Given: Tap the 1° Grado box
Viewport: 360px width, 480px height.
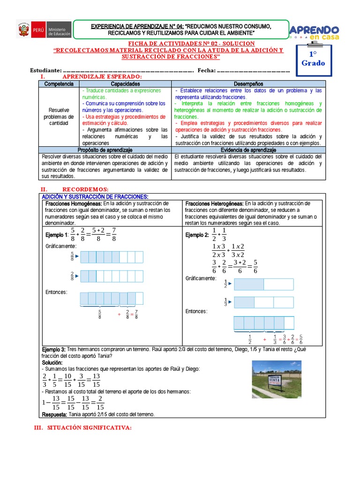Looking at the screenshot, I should (x=313, y=59).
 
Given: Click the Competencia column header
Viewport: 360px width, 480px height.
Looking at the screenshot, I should (x=59, y=83).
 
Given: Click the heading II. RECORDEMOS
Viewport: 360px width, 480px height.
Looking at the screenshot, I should (x=82, y=188).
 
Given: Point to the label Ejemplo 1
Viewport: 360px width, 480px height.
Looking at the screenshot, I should (x=57, y=234).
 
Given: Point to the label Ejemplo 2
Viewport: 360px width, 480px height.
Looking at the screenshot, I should (x=197, y=235).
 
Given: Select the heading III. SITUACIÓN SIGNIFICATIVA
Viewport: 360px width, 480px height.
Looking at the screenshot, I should (x=83, y=427).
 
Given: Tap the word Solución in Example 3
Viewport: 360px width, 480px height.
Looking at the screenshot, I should (x=52, y=363).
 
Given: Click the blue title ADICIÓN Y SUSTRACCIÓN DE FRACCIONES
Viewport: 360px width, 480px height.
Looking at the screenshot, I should (x=95, y=196).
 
